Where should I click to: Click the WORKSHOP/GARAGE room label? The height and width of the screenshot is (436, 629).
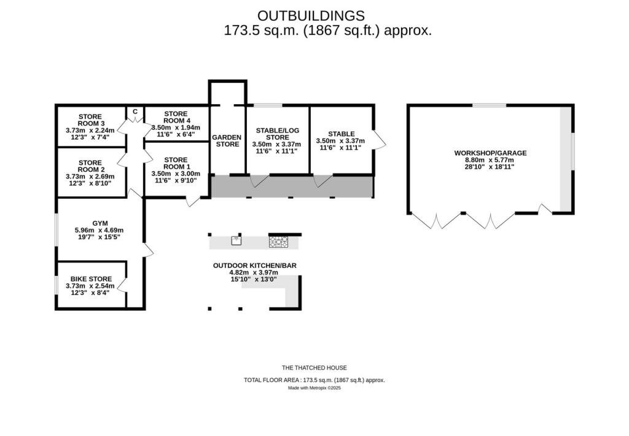pos(490,153)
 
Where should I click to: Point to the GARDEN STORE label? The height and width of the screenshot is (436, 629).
pos(227,141)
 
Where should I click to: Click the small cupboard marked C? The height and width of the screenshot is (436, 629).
pos(135,112)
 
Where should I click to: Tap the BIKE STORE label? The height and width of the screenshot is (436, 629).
pos(91,279)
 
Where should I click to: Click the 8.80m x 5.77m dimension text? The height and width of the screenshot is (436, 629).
pos(490,160)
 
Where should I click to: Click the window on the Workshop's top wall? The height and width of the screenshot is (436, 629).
pos(490,105)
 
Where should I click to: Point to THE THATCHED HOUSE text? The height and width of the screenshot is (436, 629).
pos(314,368)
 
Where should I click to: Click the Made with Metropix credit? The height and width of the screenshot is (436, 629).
pos(314,388)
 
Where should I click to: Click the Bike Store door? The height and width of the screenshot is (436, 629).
pos(122,285)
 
